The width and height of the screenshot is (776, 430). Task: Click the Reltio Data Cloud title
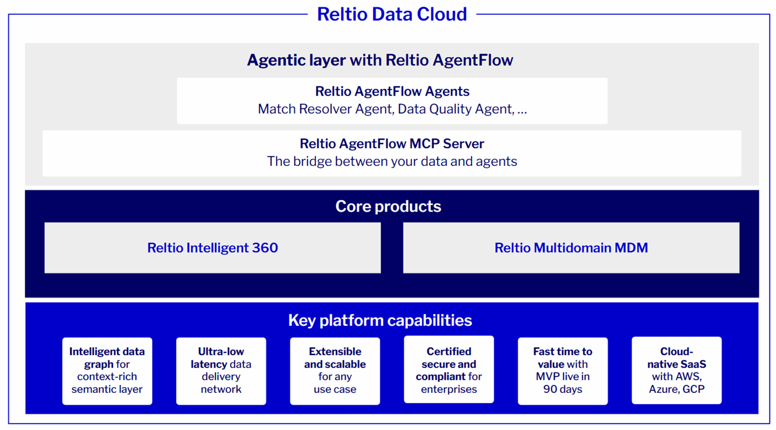(392, 14)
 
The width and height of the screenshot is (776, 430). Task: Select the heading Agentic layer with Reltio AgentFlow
(380, 60)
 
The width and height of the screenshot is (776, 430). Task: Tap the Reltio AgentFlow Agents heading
(392, 91)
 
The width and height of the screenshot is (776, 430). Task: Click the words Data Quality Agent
(456, 109)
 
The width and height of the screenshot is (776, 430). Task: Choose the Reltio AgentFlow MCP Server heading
(392, 144)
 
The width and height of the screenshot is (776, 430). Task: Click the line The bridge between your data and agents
(392, 161)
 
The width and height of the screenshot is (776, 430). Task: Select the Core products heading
(388, 207)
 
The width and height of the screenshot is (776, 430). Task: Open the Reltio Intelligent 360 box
(212, 248)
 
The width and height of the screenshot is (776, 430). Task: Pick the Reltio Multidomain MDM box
(571, 248)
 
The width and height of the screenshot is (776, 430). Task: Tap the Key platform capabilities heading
(380, 320)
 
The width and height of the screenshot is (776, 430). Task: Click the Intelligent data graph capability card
(107, 371)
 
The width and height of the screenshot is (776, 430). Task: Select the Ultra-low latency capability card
(221, 371)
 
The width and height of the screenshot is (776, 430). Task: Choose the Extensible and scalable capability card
(335, 371)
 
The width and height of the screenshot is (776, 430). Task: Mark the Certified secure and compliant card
(449, 369)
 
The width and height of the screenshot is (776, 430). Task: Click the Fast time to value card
(563, 371)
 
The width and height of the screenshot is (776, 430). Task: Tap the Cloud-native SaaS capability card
(677, 370)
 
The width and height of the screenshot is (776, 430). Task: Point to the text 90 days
(563, 389)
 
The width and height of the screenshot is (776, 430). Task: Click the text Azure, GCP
(677, 389)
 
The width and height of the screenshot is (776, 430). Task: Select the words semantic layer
(107, 389)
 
